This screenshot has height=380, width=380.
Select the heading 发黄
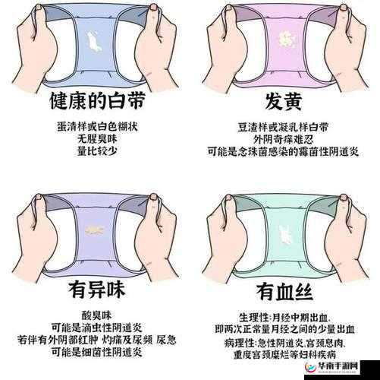pyautogui.click(x=284, y=101)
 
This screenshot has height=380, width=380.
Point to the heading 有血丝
pyautogui.click(x=284, y=291)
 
